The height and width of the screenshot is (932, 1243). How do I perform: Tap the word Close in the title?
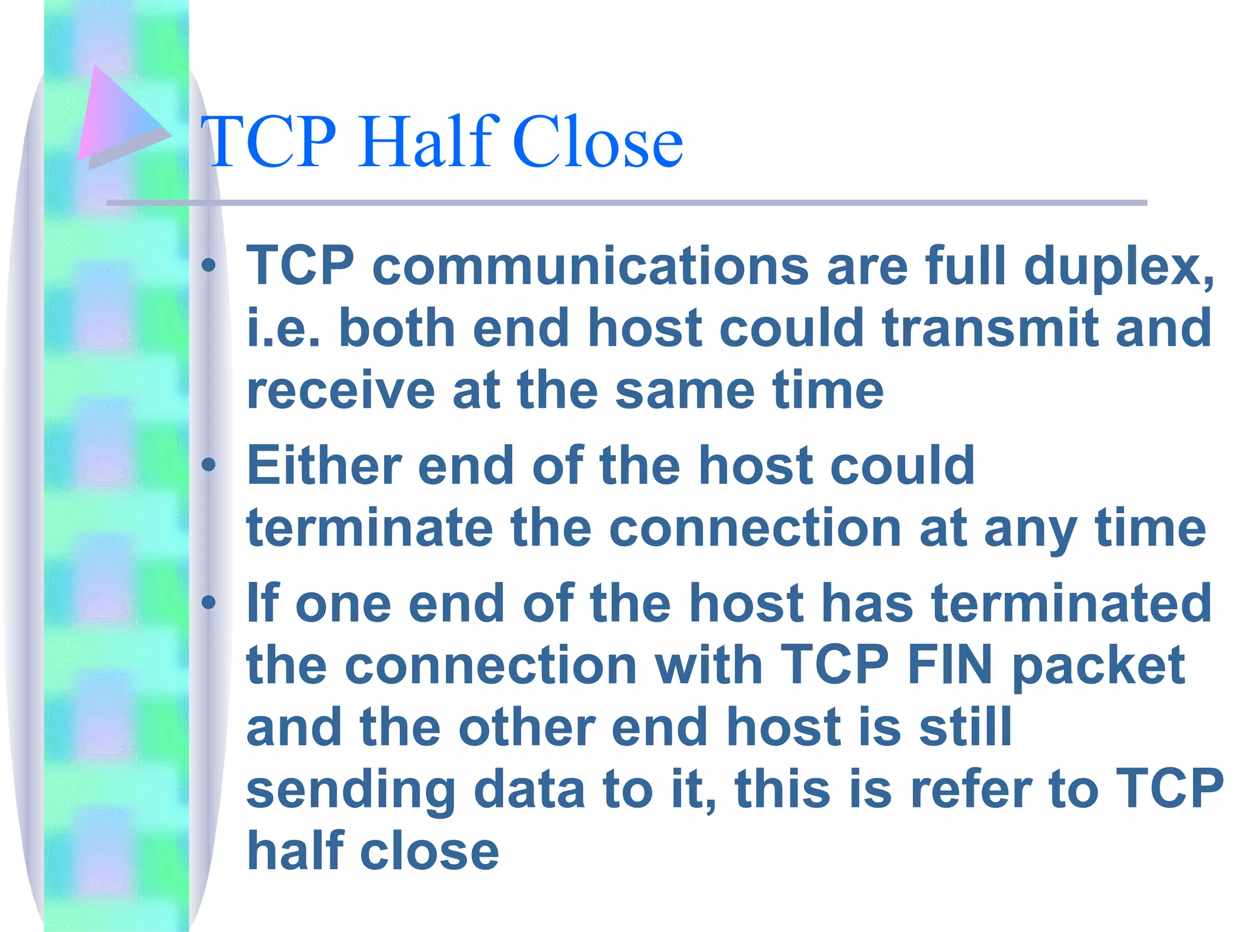[x=598, y=143]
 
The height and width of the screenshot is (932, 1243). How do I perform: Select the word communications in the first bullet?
[x=590, y=266]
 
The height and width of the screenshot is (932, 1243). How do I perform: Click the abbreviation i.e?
[x=283, y=328]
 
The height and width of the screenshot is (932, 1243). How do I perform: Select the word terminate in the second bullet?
[x=369, y=528]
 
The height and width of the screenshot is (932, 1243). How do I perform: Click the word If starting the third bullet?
[x=262, y=603]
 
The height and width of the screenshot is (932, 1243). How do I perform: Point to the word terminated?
[x=1071, y=603]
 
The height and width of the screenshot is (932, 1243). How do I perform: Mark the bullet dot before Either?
[x=209, y=465]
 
